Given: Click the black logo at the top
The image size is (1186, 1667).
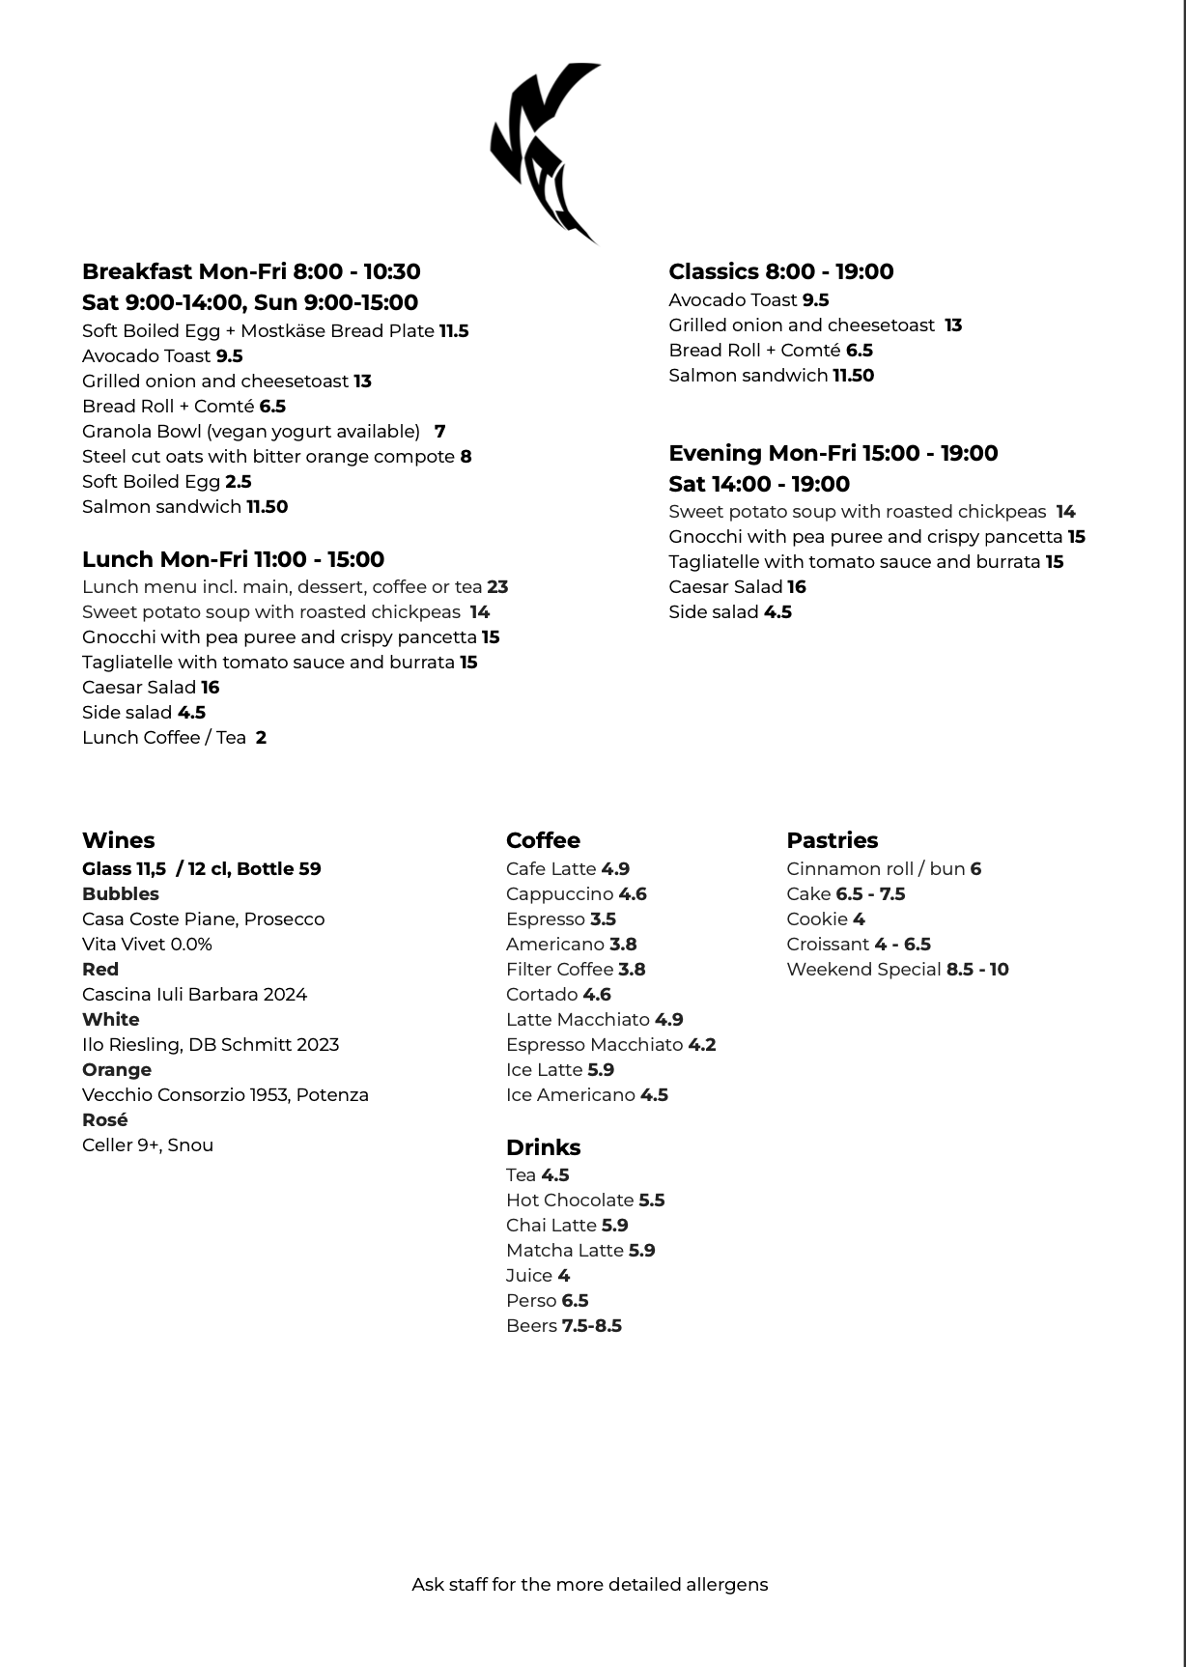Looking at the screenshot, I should (544, 153).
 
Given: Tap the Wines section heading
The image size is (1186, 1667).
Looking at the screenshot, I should (118, 840).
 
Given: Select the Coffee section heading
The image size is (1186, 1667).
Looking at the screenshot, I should (543, 840).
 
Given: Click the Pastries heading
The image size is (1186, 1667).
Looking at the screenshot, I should (832, 840).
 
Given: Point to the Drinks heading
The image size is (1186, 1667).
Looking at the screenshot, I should (543, 1147).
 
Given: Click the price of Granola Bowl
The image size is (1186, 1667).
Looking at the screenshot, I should (439, 432).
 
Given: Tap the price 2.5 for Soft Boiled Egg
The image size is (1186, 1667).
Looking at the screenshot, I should (239, 482).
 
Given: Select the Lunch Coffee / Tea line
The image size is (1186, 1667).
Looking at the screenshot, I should (174, 738).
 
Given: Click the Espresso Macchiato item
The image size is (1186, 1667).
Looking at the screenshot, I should (594, 1045).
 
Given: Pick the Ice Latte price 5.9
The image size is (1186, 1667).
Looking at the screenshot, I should (601, 1070).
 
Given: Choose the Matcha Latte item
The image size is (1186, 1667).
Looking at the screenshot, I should (565, 1251).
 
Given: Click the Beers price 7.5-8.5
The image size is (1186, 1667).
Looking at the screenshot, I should (592, 1326).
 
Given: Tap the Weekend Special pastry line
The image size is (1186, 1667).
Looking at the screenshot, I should (897, 970).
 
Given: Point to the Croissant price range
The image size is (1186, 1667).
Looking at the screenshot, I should (902, 945).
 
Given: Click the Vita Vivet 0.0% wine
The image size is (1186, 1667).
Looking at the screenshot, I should (147, 945).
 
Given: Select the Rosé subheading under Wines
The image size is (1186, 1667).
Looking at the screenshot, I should (105, 1120).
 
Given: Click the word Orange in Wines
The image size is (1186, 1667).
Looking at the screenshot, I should (117, 1070).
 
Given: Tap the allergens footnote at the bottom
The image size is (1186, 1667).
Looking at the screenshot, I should (589, 1585).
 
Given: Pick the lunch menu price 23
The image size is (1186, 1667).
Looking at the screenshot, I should (497, 587).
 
